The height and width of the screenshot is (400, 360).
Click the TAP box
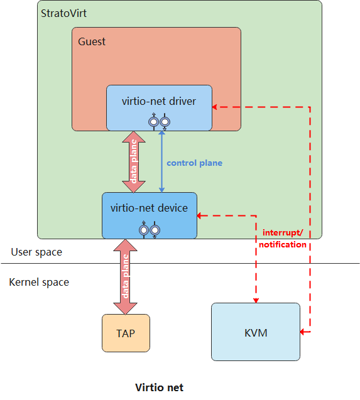[x=126, y=333]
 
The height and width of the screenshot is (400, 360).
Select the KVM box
[x=256, y=332]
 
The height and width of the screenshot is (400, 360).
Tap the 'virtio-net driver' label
[x=159, y=101]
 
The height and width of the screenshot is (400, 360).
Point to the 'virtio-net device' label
[x=149, y=208]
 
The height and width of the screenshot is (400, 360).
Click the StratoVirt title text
[x=63, y=13]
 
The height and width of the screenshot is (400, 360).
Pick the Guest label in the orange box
[x=92, y=41]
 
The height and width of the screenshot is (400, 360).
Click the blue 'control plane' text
[x=195, y=163]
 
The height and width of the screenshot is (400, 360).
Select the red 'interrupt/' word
[x=283, y=232]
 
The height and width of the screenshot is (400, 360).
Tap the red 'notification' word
[x=283, y=244]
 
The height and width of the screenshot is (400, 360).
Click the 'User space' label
[x=36, y=252]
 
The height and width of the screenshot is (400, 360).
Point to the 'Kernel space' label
[x=39, y=282]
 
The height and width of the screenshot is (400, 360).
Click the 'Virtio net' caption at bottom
[x=159, y=387]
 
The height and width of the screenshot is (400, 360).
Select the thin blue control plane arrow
[x=161, y=161]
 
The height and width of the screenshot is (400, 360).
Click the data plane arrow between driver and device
[x=134, y=162]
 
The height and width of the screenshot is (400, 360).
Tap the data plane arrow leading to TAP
[x=126, y=277]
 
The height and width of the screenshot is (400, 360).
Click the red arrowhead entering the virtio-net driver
[x=214, y=107]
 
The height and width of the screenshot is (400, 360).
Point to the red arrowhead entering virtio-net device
[x=199, y=215]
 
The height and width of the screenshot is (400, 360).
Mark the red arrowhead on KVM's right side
[x=303, y=332]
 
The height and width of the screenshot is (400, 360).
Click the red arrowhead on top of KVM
[x=256, y=300]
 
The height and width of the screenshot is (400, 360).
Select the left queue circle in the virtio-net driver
[x=154, y=122]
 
